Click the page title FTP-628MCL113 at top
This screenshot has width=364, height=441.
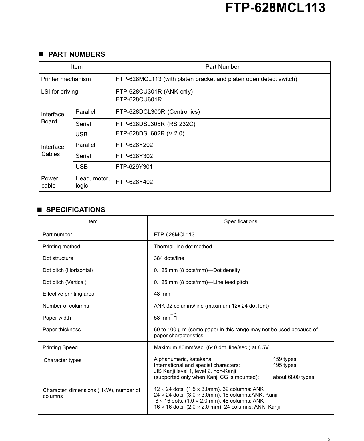pos(275,8)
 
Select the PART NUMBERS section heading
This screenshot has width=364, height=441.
pos(76,54)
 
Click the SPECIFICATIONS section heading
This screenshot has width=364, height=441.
pos(75,210)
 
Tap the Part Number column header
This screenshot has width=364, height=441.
pos(222,67)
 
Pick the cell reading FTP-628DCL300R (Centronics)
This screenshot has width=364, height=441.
pos(158,112)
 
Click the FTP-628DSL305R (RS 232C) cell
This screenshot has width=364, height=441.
pos(156,124)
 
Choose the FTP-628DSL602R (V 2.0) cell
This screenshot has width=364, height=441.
pos(150,134)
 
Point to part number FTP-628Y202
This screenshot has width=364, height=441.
pos(134,145)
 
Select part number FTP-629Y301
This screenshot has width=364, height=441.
pos(134,167)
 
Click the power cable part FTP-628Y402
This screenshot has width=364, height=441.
pos(134,182)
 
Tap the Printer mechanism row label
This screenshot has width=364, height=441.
pos(66,79)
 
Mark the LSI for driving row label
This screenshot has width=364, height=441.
pos(59,92)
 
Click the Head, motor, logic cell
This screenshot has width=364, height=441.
pos(92,182)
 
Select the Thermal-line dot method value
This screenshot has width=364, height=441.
pos(183,247)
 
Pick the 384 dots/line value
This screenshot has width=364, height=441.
pos(169,258)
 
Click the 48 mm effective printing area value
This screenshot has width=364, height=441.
pos(162,294)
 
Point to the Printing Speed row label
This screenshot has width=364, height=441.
pos(60,347)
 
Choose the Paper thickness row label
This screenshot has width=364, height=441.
pos(61,330)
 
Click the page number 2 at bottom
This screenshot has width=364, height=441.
pos(329,440)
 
